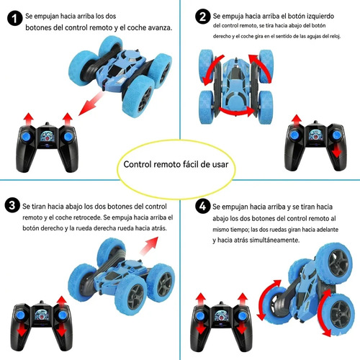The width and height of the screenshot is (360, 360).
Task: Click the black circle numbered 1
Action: (15, 18)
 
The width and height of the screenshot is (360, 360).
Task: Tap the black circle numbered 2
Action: (203, 17)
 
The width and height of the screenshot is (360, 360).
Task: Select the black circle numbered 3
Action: (12, 205)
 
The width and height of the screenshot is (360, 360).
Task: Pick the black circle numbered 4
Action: (203, 206)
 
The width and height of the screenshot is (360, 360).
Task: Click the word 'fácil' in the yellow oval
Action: (191, 164)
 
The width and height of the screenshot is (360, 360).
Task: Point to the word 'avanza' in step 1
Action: (159, 28)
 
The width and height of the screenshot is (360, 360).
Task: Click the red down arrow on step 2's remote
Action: (337, 150)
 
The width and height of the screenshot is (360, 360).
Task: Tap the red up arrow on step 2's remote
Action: (297, 120)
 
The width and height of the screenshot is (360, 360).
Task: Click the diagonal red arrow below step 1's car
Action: (91, 104)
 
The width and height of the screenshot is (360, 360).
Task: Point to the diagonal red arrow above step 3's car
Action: (149, 246)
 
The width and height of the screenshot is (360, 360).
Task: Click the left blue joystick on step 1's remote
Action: (27, 137)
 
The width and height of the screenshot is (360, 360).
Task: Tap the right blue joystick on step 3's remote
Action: (62, 315)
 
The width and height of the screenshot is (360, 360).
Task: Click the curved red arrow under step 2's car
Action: (237, 112)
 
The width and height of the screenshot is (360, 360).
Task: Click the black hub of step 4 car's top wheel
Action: (339, 263)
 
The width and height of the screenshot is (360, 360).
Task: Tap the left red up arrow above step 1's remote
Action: (29, 119)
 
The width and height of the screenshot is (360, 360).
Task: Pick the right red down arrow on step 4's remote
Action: (242, 328)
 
